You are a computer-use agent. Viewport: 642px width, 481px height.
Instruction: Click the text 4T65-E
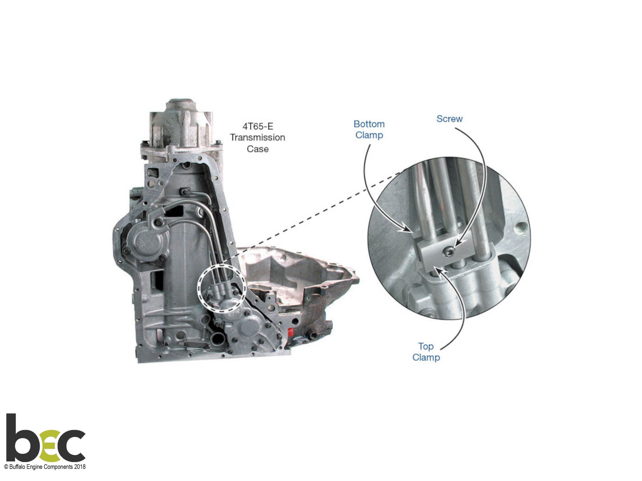pyautogui.click(x=258, y=126)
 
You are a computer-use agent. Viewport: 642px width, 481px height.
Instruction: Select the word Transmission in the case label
pyautogui.click(x=258, y=137)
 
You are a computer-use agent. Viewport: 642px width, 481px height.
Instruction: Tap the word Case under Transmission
pyautogui.click(x=258, y=149)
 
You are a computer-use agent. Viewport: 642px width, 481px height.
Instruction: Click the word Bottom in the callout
pyautogui.click(x=369, y=124)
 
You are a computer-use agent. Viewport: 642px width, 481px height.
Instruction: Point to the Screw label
pyautogui.click(x=449, y=119)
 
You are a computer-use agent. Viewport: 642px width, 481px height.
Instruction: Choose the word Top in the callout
pyautogui.click(x=426, y=346)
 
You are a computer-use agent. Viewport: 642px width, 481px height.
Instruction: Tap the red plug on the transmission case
pyautogui.click(x=290, y=332)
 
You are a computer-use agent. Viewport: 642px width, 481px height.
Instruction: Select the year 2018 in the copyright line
pyautogui.click(x=80, y=467)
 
